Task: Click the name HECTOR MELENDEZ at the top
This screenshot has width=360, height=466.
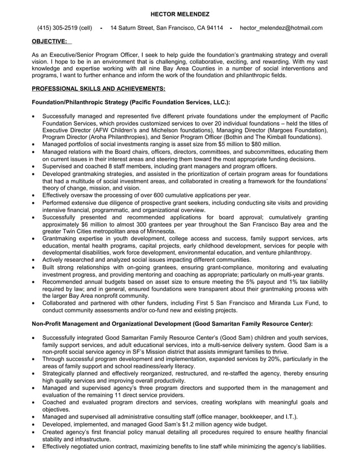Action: coord(179,13)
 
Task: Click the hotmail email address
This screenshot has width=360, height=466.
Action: coord(281,28)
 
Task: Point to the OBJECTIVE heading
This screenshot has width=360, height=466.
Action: coord(49,41)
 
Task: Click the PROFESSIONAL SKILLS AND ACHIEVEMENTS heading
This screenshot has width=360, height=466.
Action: coord(99,89)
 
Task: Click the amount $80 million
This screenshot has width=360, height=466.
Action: coord(265,144)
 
